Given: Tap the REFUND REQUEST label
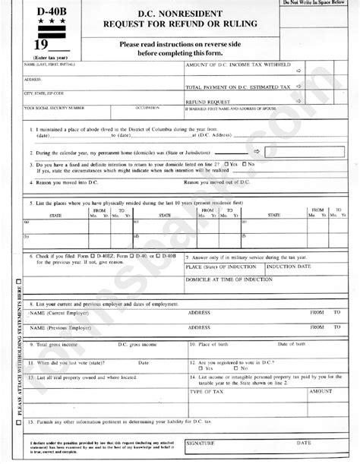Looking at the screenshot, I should (x=206, y=100).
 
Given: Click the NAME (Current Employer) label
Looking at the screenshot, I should (x=60, y=312).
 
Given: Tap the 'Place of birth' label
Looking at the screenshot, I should (x=216, y=344).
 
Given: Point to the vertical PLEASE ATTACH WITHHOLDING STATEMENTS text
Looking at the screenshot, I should (x=10, y=357).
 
